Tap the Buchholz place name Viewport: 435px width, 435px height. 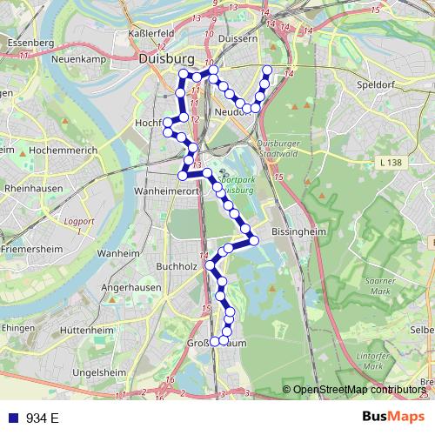[177, 265]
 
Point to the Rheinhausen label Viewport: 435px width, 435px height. [36, 187]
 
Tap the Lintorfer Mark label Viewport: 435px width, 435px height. [372, 360]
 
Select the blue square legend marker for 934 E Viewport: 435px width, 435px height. [12, 418]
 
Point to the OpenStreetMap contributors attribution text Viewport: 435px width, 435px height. [359, 390]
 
